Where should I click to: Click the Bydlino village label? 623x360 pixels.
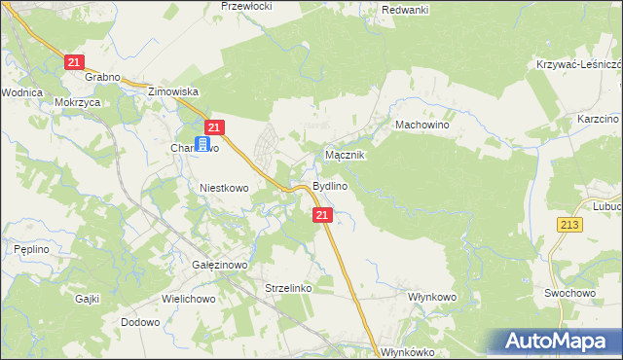(331, 186)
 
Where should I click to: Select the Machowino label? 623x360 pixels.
(421, 126)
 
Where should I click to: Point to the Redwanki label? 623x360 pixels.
(406, 9)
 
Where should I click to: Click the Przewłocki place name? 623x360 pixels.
(247, 5)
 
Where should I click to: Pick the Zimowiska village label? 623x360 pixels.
(173, 91)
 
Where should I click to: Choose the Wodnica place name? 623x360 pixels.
(21, 92)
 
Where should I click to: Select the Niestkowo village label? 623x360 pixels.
(225, 187)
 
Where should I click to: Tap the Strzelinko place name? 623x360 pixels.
(287, 288)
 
